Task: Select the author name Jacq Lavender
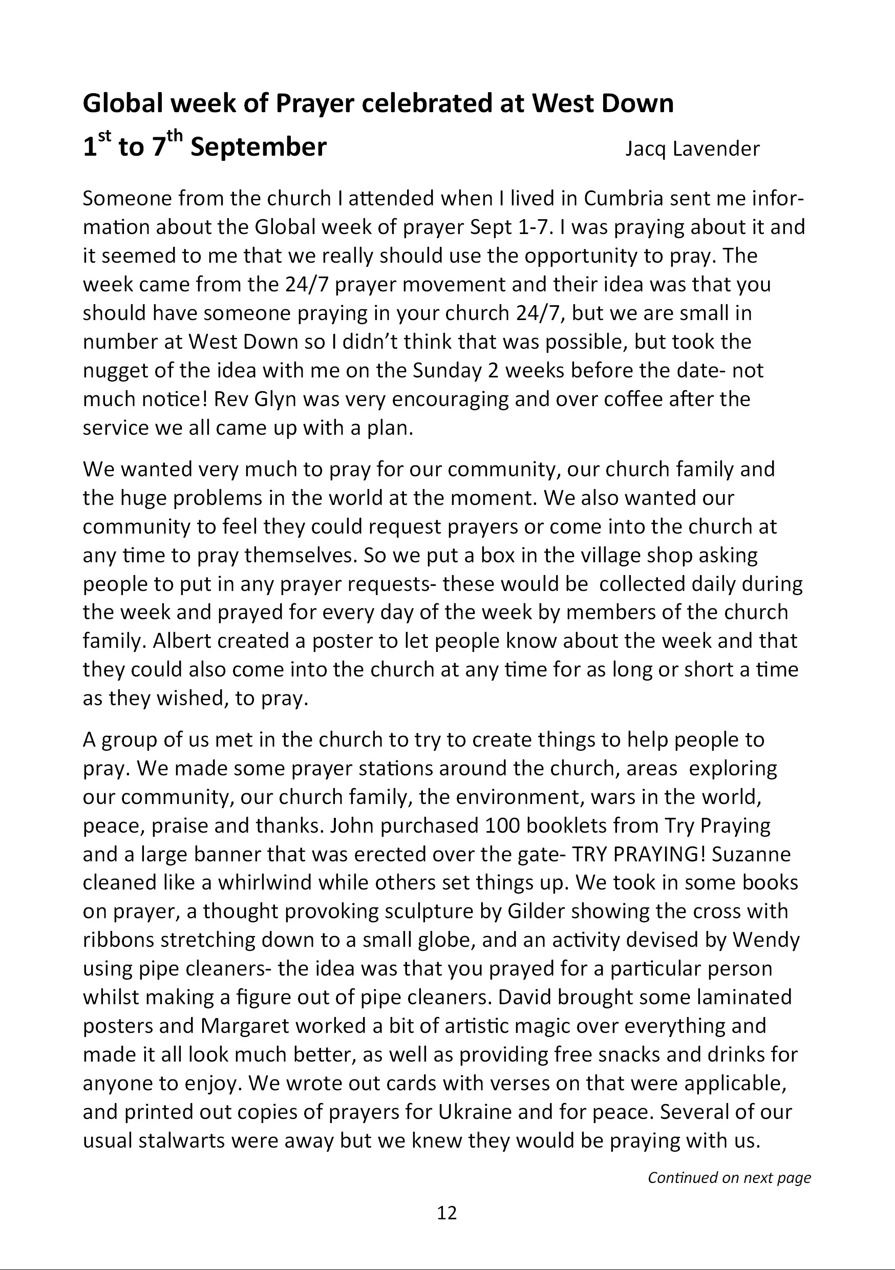[693, 149]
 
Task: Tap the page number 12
[447, 1213]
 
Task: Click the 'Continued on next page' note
[729, 1178]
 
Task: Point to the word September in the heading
[259, 147]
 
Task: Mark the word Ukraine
[475, 1112]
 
